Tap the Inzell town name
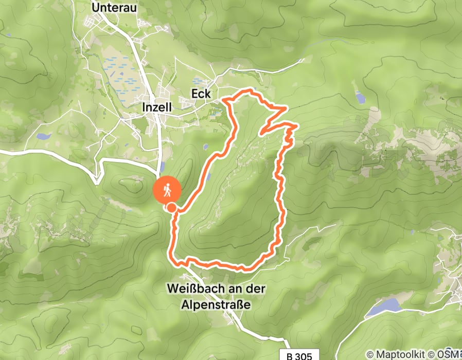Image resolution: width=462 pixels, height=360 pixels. pos(157,106)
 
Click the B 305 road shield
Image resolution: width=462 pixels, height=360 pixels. pos(303,355)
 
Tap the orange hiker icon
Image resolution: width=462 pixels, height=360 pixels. pos(167,191)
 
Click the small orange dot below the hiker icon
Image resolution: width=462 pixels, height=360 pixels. pos(171,207)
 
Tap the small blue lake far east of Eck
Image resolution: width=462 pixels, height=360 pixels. pos(359,97)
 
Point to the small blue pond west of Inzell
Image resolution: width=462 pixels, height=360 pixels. pos(43,137)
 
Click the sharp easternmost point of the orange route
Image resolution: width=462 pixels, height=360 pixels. pos(297,124)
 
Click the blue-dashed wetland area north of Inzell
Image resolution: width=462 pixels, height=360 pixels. pos(121,72)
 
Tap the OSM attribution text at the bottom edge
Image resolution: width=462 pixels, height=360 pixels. pos(449,354)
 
